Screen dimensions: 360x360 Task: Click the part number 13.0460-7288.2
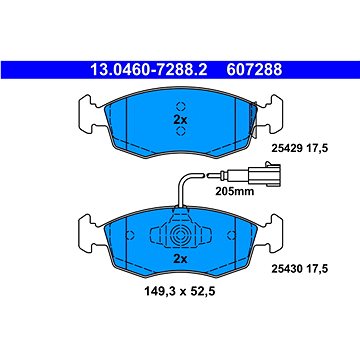149,70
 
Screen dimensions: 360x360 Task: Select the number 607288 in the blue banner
254,70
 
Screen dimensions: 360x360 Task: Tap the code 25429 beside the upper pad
287,148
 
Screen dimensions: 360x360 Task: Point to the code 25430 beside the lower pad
287,268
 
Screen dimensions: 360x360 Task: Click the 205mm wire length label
234,192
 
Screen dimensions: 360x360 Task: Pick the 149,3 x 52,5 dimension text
180,292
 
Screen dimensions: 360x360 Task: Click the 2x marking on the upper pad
180,120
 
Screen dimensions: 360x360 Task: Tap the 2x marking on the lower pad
180,259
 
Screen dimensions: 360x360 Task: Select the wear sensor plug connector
263,174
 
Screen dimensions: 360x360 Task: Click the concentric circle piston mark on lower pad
180,235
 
